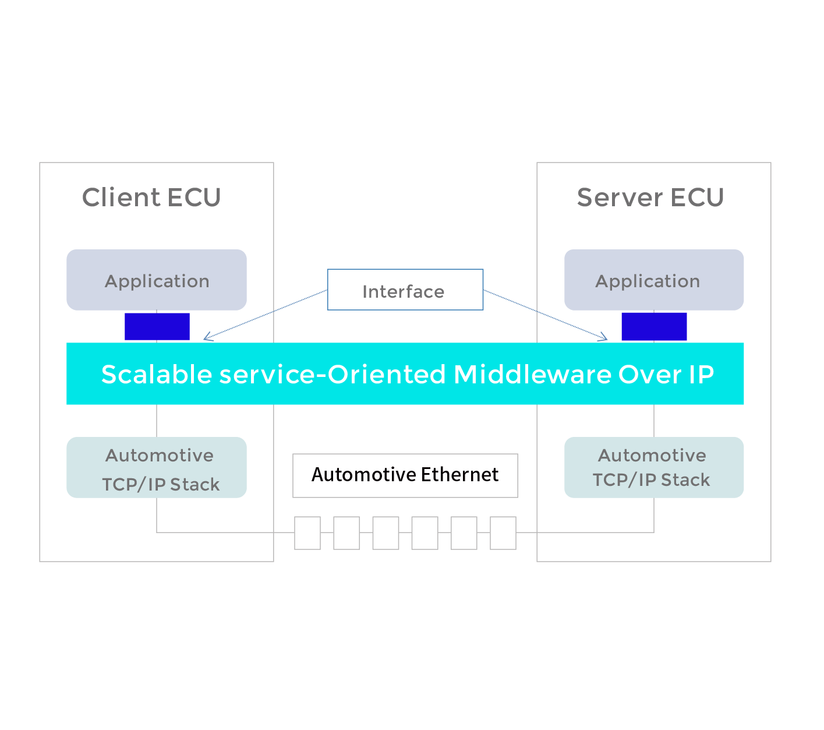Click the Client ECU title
tap(151, 198)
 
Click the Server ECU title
tap(650, 198)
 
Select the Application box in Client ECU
tap(157, 280)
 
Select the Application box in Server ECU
tap(653, 280)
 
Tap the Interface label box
tap(405, 290)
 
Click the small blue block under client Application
tap(157, 326)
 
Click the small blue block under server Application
tap(654, 326)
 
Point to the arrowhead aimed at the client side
tap(206, 337)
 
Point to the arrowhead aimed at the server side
tap(604, 337)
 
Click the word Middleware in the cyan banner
tap(532, 374)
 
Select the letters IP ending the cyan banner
tap(701, 374)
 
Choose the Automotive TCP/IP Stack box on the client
tap(157, 467)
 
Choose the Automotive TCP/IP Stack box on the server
tap(653, 467)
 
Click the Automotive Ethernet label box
tap(405, 475)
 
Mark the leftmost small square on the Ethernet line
tap(307, 532)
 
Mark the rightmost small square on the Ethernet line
tap(503, 532)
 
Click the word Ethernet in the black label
tap(460, 475)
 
